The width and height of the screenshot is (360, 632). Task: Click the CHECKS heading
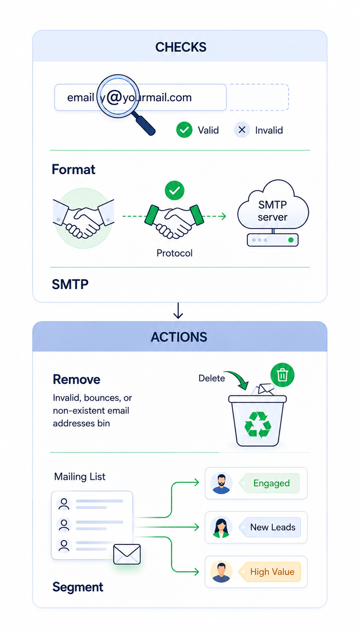(x=181, y=47)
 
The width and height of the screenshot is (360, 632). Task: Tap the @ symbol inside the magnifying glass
(x=114, y=98)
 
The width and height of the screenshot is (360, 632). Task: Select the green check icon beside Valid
(x=184, y=130)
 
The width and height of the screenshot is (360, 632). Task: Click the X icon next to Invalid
(x=242, y=130)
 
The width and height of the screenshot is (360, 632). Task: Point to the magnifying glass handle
(x=144, y=123)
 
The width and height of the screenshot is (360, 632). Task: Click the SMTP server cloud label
(x=272, y=211)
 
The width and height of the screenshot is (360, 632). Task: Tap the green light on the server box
(x=290, y=240)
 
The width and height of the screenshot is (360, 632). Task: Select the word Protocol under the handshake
(x=175, y=253)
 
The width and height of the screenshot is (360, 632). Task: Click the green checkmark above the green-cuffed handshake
(x=175, y=191)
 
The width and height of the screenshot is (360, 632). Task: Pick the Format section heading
(x=73, y=170)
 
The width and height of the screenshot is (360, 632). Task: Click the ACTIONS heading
(x=179, y=337)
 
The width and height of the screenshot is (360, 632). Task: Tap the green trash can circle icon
(x=282, y=375)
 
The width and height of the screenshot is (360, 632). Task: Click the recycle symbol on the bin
(x=258, y=424)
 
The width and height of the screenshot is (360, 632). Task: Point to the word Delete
(x=212, y=378)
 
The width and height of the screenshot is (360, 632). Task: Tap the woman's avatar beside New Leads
(x=221, y=527)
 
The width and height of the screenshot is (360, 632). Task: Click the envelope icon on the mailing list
(x=127, y=554)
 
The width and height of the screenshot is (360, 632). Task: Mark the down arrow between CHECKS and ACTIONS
(x=178, y=311)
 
